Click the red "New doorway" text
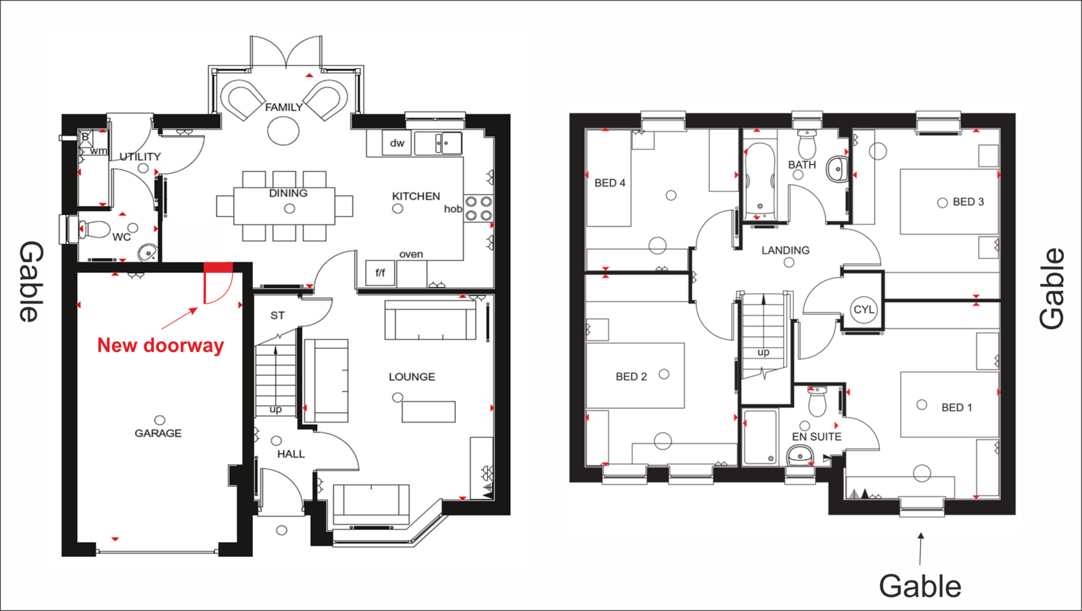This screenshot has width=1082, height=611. [160, 345]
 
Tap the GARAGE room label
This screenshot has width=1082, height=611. [158, 433]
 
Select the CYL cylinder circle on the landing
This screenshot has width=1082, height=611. [864, 310]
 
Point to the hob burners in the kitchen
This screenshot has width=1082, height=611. [478, 208]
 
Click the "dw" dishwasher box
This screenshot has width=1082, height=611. [396, 143]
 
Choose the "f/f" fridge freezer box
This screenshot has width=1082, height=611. [380, 272]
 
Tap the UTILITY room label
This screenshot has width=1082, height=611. [139, 157]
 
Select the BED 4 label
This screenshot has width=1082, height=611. [609, 183]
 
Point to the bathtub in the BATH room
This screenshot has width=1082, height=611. [760, 180]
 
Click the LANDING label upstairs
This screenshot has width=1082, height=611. [785, 251]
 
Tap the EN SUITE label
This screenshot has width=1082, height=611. [816, 437]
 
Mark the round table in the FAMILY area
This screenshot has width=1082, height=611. [283, 130]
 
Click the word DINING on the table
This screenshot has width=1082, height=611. [288, 193]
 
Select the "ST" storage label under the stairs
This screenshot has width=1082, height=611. [277, 316]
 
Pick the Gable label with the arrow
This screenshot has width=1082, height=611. [920, 587]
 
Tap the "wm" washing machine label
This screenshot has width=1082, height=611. [98, 151]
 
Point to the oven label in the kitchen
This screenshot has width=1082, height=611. [411, 254]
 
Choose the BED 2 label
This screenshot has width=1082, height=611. [631, 377]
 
